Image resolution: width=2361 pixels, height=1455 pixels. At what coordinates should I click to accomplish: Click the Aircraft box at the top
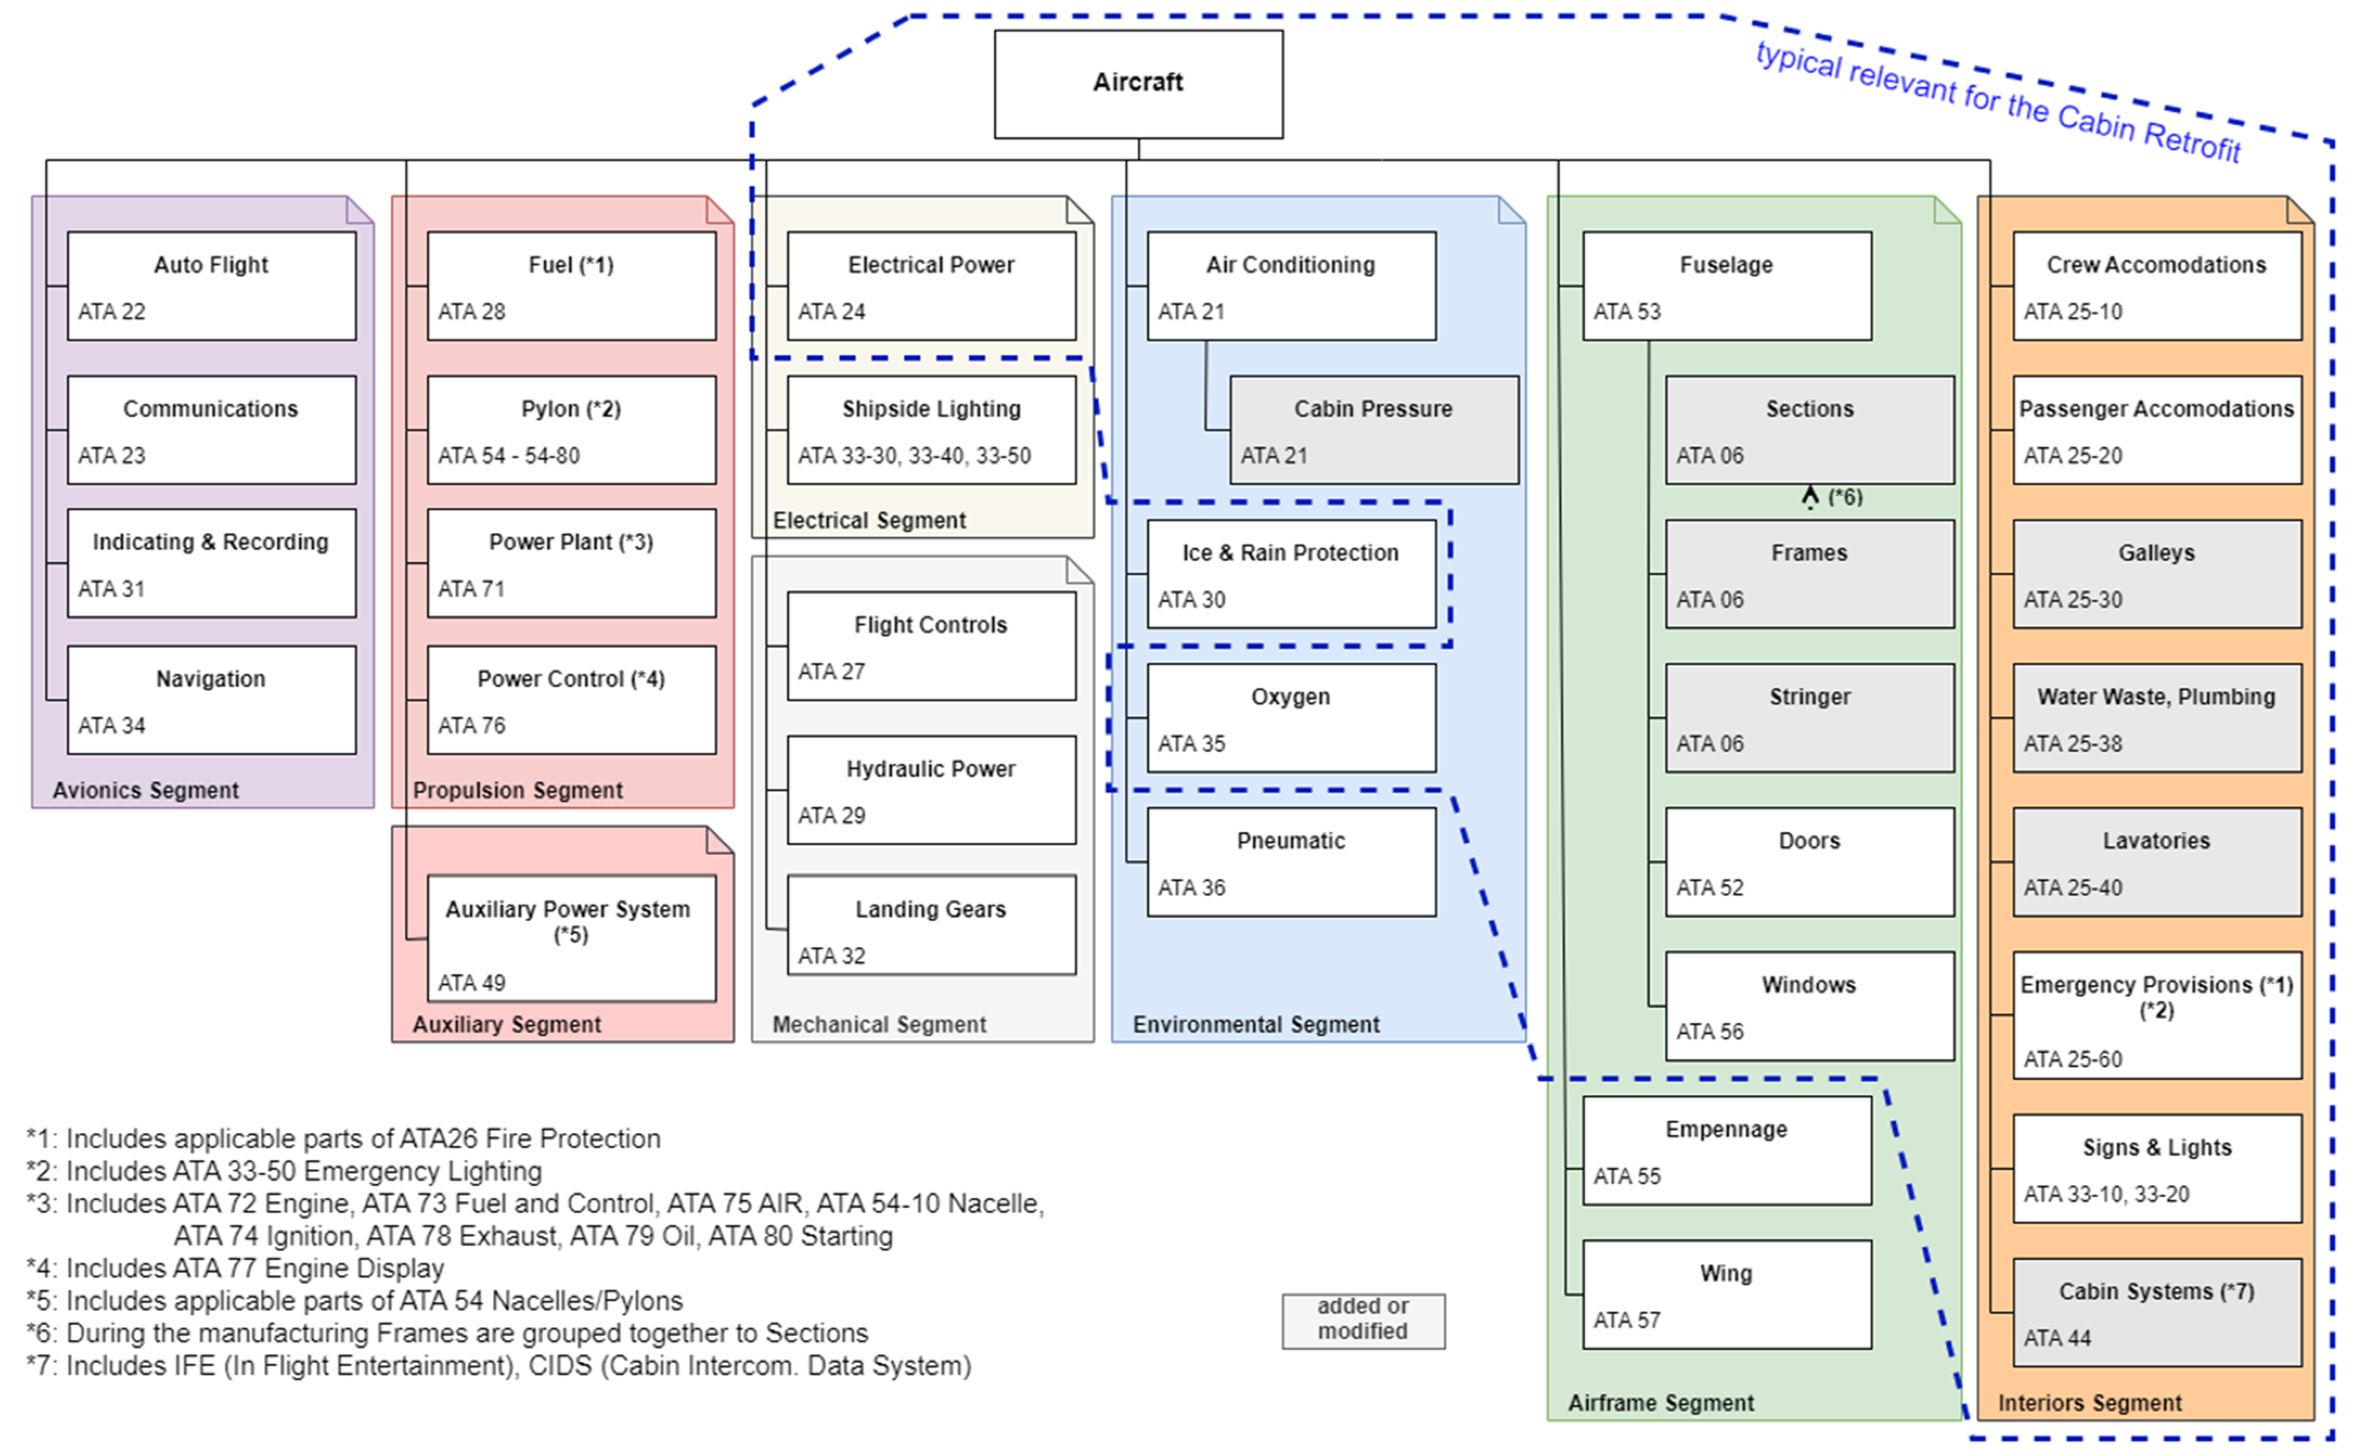(1138, 83)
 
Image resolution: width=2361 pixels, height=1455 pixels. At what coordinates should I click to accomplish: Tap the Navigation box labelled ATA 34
(211, 700)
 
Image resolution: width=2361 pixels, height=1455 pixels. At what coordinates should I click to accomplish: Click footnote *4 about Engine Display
(236, 1269)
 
